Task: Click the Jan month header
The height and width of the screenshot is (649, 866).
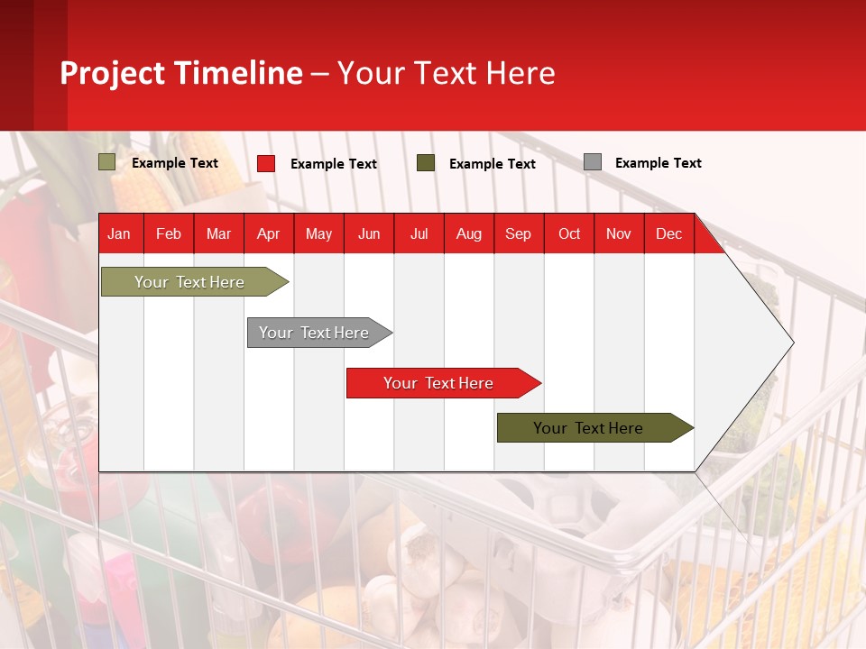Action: click(x=119, y=233)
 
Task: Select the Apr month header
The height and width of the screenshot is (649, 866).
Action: click(x=268, y=233)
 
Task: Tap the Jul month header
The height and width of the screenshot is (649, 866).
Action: click(x=419, y=233)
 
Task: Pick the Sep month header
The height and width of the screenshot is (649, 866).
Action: click(x=518, y=233)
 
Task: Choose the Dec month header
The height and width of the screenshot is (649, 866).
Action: click(x=668, y=233)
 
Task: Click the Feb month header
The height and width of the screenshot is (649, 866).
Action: click(x=169, y=233)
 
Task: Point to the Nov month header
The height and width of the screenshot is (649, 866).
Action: click(x=618, y=233)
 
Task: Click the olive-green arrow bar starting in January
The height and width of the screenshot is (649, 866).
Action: click(x=189, y=282)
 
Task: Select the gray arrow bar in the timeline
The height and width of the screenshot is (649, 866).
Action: click(x=314, y=333)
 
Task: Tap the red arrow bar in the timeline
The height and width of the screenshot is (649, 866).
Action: click(x=438, y=383)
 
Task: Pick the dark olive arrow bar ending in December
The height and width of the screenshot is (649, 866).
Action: click(x=588, y=428)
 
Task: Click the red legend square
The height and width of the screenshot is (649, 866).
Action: click(x=266, y=163)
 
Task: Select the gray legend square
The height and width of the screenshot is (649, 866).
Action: click(x=593, y=162)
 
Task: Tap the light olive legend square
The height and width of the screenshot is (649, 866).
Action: click(x=107, y=162)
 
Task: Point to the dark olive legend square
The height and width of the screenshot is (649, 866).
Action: click(x=426, y=163)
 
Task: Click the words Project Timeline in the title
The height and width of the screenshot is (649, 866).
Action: click(x=181, y=73)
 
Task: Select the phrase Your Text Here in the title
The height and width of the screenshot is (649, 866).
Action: click(x=447, y=73)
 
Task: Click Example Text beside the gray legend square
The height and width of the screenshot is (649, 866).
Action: click(x=658, y=163)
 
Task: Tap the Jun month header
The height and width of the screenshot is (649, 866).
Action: click(x=369, y=233)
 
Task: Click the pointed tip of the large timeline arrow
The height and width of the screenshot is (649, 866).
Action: click(x=791, y=342)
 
